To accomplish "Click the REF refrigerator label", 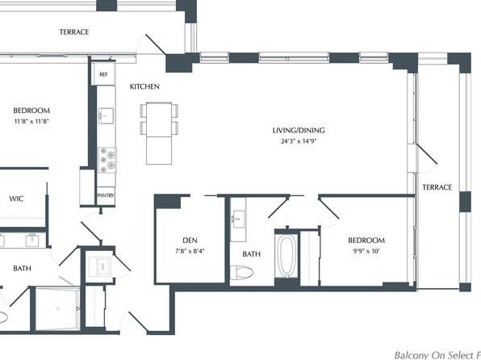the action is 103,74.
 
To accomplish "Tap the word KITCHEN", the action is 144,87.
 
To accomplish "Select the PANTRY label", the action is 106,195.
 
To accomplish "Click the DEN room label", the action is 190,241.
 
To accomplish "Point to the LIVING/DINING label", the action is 299,131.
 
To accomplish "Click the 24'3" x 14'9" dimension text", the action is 299,141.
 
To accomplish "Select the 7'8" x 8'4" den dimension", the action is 190,251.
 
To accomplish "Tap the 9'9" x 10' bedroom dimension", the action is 366,251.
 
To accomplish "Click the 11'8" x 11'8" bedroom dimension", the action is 31,121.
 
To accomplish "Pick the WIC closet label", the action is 16,199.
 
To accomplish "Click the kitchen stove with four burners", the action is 107,160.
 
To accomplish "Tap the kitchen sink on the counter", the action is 106,115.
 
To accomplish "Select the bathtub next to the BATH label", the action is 287,256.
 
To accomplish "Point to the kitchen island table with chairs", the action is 159,133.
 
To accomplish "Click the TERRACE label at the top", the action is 74,32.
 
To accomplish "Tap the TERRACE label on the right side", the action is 437,187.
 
